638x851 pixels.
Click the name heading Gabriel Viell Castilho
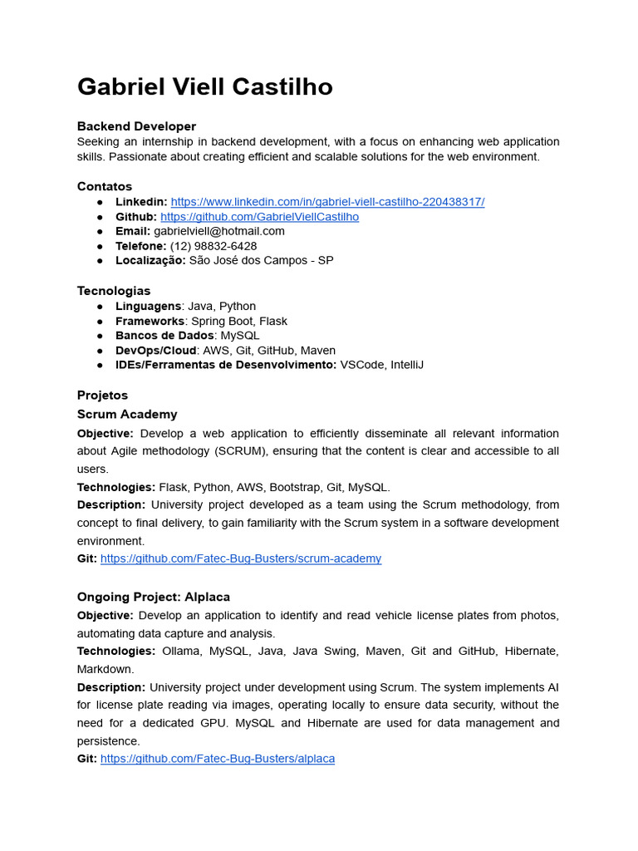point(204,86)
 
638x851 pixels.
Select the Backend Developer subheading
point(136,126)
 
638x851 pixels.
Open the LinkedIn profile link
point(327,202)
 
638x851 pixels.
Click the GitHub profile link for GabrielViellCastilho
point(259,217)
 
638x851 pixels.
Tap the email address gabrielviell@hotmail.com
point(219,231)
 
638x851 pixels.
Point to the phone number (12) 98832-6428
point(213,246)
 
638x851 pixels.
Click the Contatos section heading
point(105,186)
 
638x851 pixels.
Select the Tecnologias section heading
point(114,291)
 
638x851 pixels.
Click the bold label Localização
point(150,260)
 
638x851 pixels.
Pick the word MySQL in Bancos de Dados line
point(240,336)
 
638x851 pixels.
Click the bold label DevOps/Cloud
point(156,350)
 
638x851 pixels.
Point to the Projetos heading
point(102,395)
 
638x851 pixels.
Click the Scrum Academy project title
point(127,414)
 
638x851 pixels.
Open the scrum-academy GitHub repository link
point(241,558)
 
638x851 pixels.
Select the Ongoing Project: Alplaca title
point(154,597)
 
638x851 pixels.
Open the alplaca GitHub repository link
point(218,759)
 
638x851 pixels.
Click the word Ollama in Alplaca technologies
point(181,651)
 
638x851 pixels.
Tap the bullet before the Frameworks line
point(100,321)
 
